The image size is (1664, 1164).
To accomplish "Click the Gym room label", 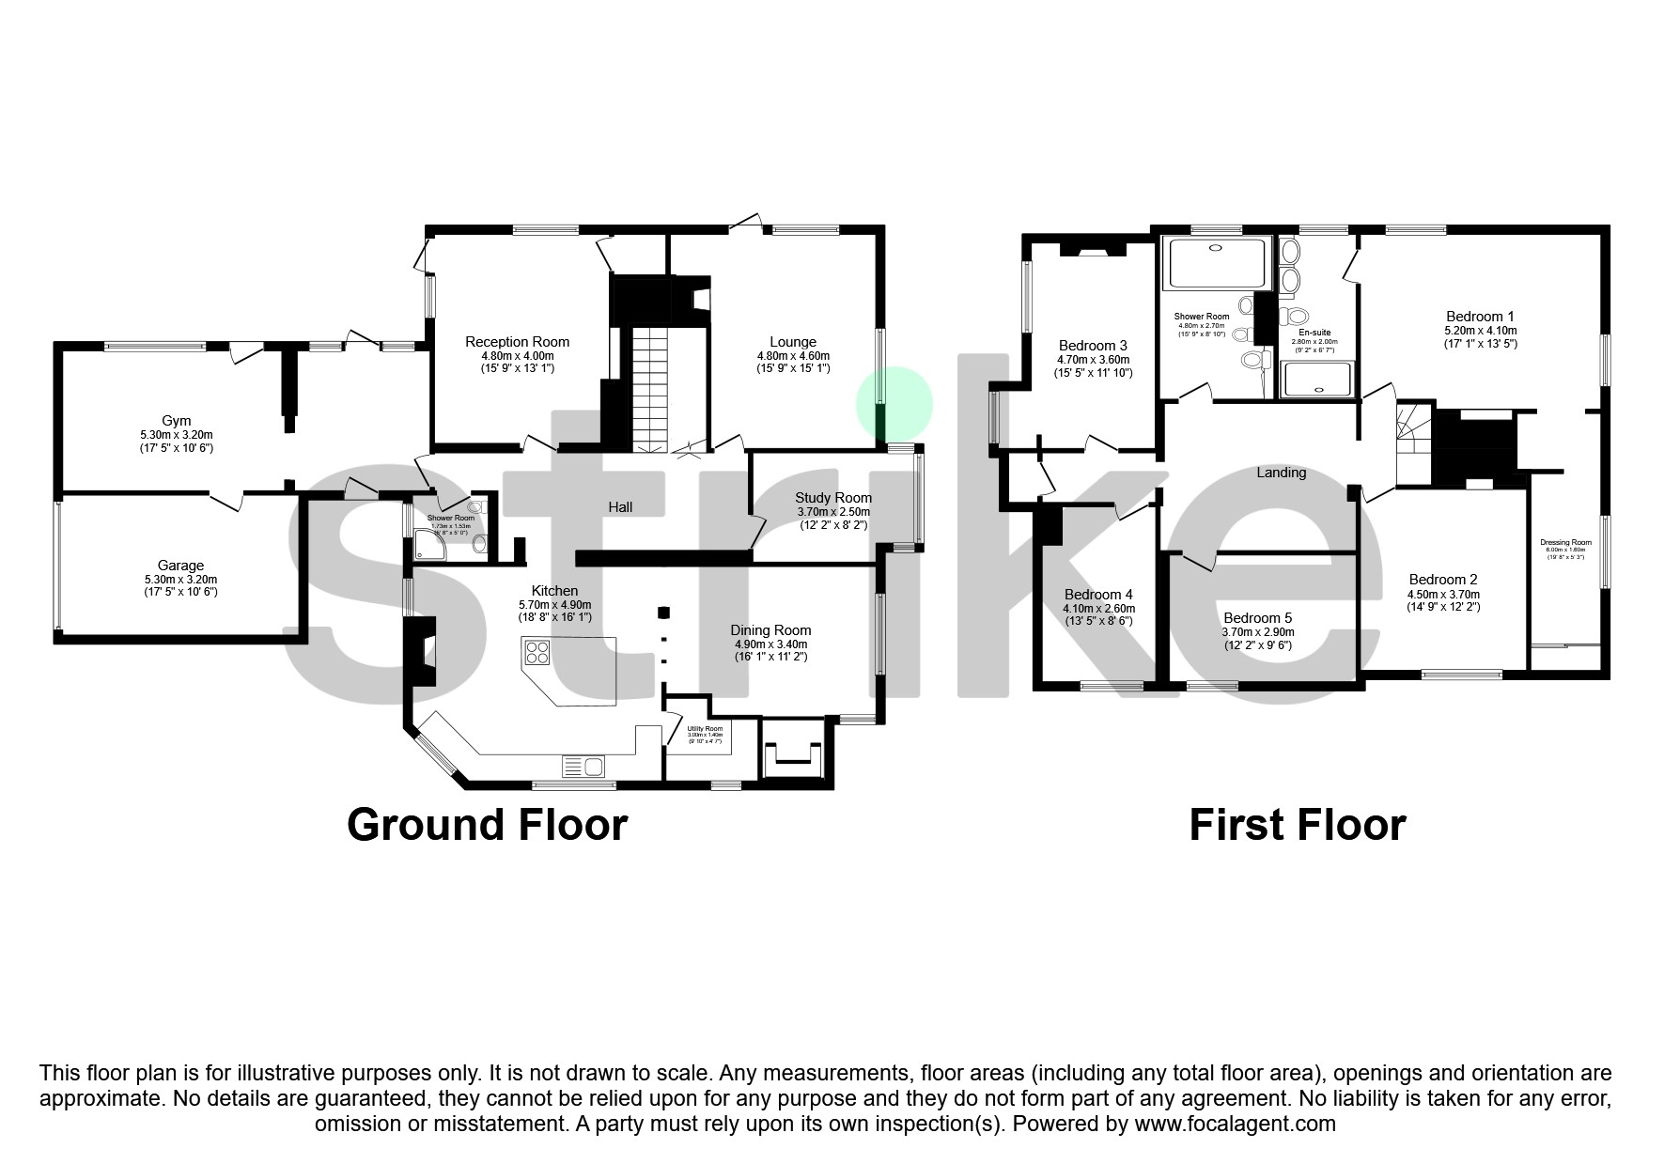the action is [176, 421].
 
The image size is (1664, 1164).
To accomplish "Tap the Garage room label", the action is [180, 566].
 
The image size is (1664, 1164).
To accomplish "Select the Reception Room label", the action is [517, 342].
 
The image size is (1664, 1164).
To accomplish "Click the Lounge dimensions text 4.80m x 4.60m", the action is [793, 356].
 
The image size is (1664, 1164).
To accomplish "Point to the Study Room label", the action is [832, 498].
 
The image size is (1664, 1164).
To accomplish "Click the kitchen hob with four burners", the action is [537, 651].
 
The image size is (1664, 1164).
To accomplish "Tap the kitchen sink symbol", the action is [583, 767].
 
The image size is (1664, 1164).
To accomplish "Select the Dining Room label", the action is [770, 630].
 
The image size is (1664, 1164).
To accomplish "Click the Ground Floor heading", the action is [487, 825].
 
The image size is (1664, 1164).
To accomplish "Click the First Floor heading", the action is [1297, 825].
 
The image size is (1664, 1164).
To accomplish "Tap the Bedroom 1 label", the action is [1480, 317].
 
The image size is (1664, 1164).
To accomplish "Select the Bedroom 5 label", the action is [1257, 618].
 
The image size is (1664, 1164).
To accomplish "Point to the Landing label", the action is [1281, 473].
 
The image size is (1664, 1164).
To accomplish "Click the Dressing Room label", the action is [1565, 542].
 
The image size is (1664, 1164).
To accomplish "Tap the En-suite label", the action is [1314, 333].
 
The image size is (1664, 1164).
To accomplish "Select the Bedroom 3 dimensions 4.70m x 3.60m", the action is [1093, 360].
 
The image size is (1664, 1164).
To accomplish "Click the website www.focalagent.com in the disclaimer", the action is [1234, 1124].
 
